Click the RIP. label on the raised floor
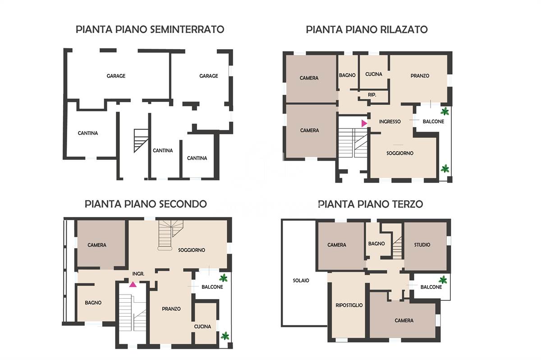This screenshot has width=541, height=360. pyautogui.click(x=372, y=95)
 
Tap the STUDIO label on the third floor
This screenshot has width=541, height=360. pyautogui.click(x=422, y=245)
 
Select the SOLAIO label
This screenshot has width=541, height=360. pyautogui.click(x=301, y=281)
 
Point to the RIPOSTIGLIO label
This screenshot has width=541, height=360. pyautogui.click(x=349, y=305)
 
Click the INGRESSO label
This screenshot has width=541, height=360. pyautogui.click(x=390, y=121)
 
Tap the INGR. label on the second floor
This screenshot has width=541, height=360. pyautogui.click(x=138, y=274)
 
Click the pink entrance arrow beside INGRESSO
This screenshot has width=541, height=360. pyautogui.click(x=364, y=124)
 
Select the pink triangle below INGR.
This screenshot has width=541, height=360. pyautogui.click(x=133, y=284)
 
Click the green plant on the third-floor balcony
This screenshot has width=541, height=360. pyautogui.click(x=443, y=280)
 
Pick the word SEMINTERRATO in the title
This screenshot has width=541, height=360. pyautogui.click(x=187, y=29)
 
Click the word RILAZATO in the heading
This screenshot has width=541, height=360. pyautogui.click(x=404, y=29)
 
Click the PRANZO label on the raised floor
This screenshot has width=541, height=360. pyautogui.click(x=420, y=76)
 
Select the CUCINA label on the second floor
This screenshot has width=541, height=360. pyautogui.click(x=202, y=327)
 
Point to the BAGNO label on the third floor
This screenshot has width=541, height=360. pyautogui.click(x=376, y=244)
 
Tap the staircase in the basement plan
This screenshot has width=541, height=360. pyautogui.click(x=141, y=141)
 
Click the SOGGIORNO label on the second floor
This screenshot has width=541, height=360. pyautogui.click(x=192, y=250)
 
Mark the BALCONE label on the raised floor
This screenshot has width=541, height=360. pyautogui.click(x=434, y=121)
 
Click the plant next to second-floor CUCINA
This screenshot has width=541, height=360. pyautogui.click(x=225, y=336)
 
